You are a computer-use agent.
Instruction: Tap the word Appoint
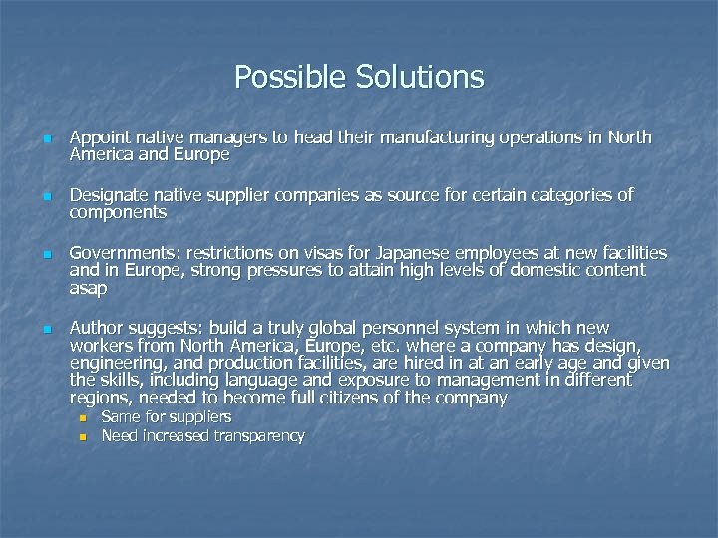pyautogui.click(x=101, y=138)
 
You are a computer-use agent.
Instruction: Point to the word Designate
pyautogui.click(x=109, y=196)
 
